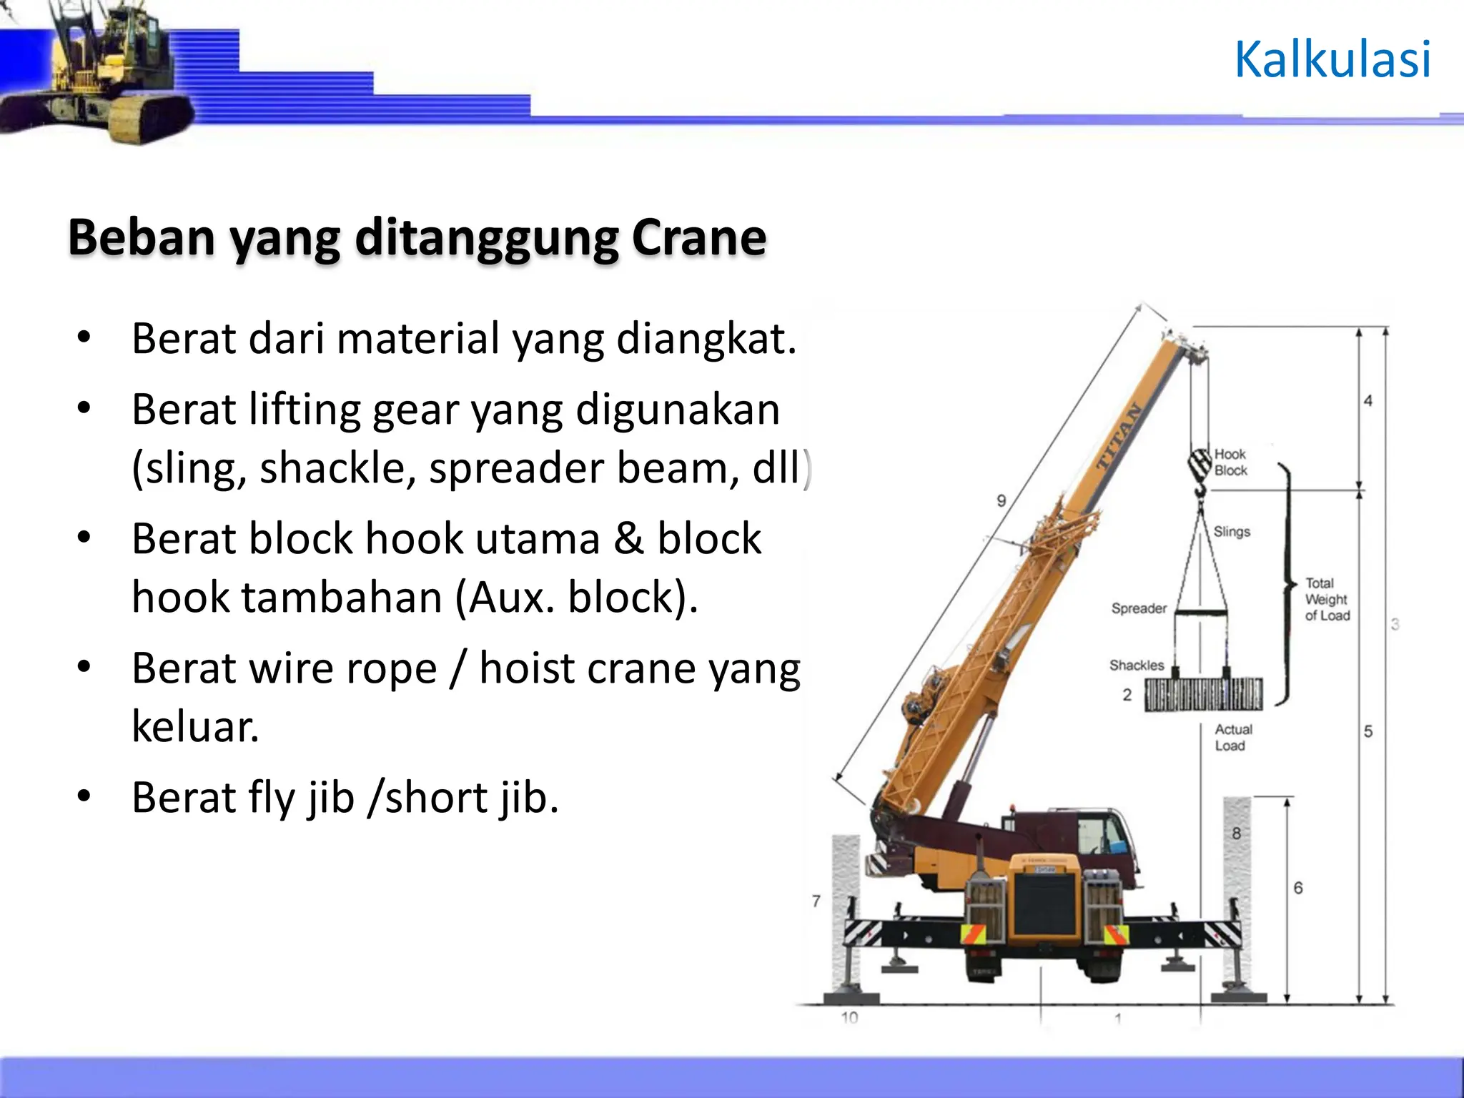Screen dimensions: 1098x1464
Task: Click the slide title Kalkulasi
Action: point(1332,59)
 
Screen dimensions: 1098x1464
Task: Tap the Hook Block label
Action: point(1230,463)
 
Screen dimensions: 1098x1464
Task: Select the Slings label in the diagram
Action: point(1232,532)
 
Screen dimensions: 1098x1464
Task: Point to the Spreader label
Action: point(1139,608)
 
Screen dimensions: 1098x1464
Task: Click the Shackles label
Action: point(1137,666)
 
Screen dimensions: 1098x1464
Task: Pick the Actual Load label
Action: point(1233,737)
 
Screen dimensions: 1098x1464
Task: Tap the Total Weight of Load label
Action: point(1327,599)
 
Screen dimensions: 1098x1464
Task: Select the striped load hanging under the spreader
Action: point(1204,693)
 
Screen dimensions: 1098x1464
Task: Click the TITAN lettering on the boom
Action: point(1119,437)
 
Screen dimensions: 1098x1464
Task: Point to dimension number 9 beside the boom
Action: point(1001,501)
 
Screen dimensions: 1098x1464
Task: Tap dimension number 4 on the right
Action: point(1367,401)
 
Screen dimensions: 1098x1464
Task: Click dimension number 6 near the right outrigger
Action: point(1298,888)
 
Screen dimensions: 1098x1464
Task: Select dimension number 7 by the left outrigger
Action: point(816,901)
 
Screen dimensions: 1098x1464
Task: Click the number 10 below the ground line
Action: point(849,1017)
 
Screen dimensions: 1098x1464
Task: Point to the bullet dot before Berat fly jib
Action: point(84,796)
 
